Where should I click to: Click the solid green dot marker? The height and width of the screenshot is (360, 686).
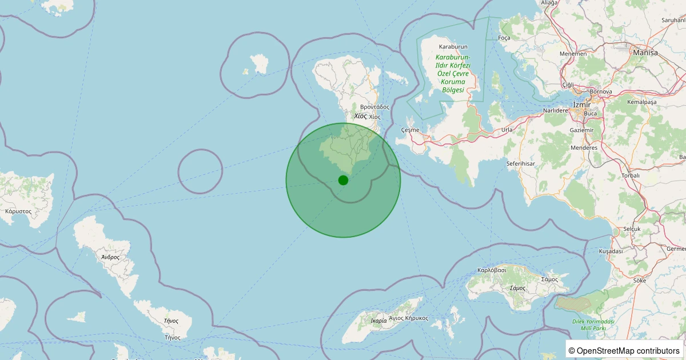(343, 180)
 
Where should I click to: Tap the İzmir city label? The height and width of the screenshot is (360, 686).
(581, 104)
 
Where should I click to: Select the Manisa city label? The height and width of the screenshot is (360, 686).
(645, 53)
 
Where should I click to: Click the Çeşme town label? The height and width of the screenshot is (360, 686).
(410, 130)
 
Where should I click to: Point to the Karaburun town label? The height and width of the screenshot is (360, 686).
(453, 46)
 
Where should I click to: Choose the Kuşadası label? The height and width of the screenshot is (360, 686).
(610, 251)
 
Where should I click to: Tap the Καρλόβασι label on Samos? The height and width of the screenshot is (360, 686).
(492, 270)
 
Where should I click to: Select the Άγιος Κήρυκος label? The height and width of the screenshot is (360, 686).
(408, 318)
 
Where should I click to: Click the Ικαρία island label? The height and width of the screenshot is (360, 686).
(378, 321)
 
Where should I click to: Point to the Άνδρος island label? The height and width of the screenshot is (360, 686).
(110, 257)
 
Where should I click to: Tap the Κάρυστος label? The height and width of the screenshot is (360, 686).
(18, 211)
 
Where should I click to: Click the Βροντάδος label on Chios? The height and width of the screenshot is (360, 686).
(374, 107)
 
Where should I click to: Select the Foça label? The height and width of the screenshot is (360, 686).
(504, 38)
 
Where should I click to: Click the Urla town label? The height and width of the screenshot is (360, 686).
(506, 130)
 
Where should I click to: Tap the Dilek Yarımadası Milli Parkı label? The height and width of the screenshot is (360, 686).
(593, 325)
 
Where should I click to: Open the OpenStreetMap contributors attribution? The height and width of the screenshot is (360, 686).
(628, 350)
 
